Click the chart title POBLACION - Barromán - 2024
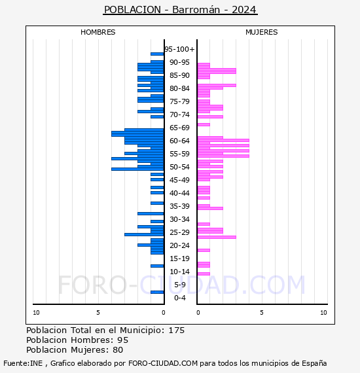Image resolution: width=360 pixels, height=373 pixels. click(x=180, y=10)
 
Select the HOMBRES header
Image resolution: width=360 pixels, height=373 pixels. click(x=98, y=32)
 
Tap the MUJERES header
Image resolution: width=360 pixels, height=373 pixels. click(x=262, y=32)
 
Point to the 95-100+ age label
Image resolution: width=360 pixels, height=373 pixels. click(x=179, y=49)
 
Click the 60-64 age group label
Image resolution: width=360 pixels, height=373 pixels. click(x=179, y=141)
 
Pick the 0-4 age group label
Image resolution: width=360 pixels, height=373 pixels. click(x=179, y=298)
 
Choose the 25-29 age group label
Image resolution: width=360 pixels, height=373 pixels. click(x=179, y=232)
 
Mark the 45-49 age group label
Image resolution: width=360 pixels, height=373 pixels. click(x=179, y=180)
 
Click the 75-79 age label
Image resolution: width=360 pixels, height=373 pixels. click(x=179, y=101)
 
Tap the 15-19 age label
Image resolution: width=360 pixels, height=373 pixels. click(x=179, y=258)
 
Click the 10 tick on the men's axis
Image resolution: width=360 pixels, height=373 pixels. click(x=36, y=313)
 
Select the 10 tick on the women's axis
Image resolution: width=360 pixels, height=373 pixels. click(x=323, y=313)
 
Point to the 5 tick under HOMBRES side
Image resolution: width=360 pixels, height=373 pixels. click(x=98, y=313)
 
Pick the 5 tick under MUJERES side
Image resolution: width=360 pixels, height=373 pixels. click(x=261, y=313)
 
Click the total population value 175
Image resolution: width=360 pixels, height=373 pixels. click(x=177, y=330)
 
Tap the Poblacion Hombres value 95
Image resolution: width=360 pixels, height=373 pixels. click(x=122, y=340)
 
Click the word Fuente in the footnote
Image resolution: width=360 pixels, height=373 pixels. click(x=15, y=363)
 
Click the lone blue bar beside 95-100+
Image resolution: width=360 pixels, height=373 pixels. click(x=157, y=54)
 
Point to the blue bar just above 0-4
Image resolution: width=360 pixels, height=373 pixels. click(x=157, y=292)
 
